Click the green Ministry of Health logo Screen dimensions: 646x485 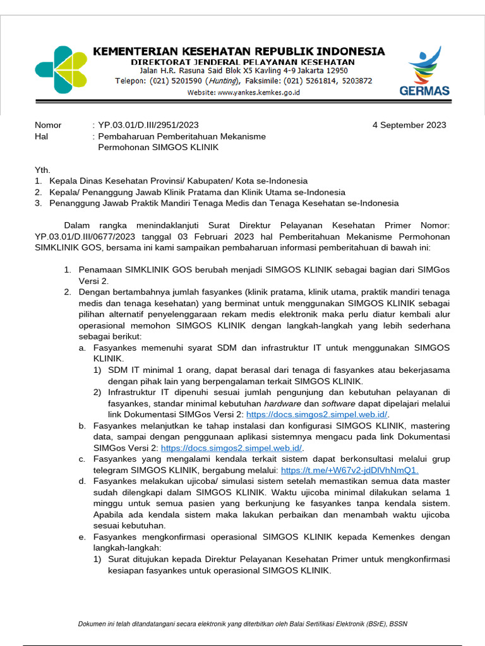click(x=61, y=69)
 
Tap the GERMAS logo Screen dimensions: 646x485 click(x=424, y=71)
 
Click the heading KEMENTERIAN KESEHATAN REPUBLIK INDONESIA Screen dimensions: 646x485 click(x=239, y=51)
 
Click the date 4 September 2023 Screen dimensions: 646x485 click(x=409, y=125)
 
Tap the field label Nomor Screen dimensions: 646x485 click(x=48, y=125)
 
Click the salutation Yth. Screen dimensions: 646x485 click(x=42, y=170)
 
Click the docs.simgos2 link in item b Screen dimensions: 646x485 click(x=232, y=448)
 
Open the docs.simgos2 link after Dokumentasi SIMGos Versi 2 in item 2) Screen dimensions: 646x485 click(x=317, y=414)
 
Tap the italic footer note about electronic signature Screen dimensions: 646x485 click(x=242, y=624)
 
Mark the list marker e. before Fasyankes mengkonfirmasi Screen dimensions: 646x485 click(x=82, y=537)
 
